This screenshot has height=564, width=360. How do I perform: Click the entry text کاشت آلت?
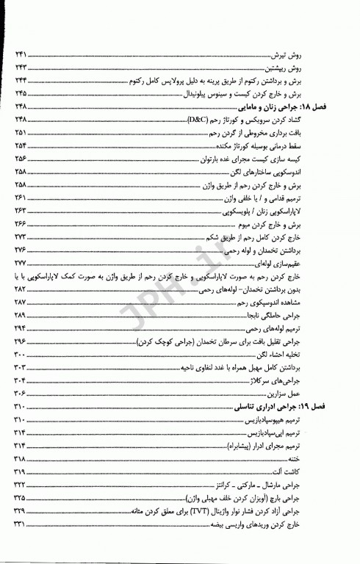click(x=329, y=471)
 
